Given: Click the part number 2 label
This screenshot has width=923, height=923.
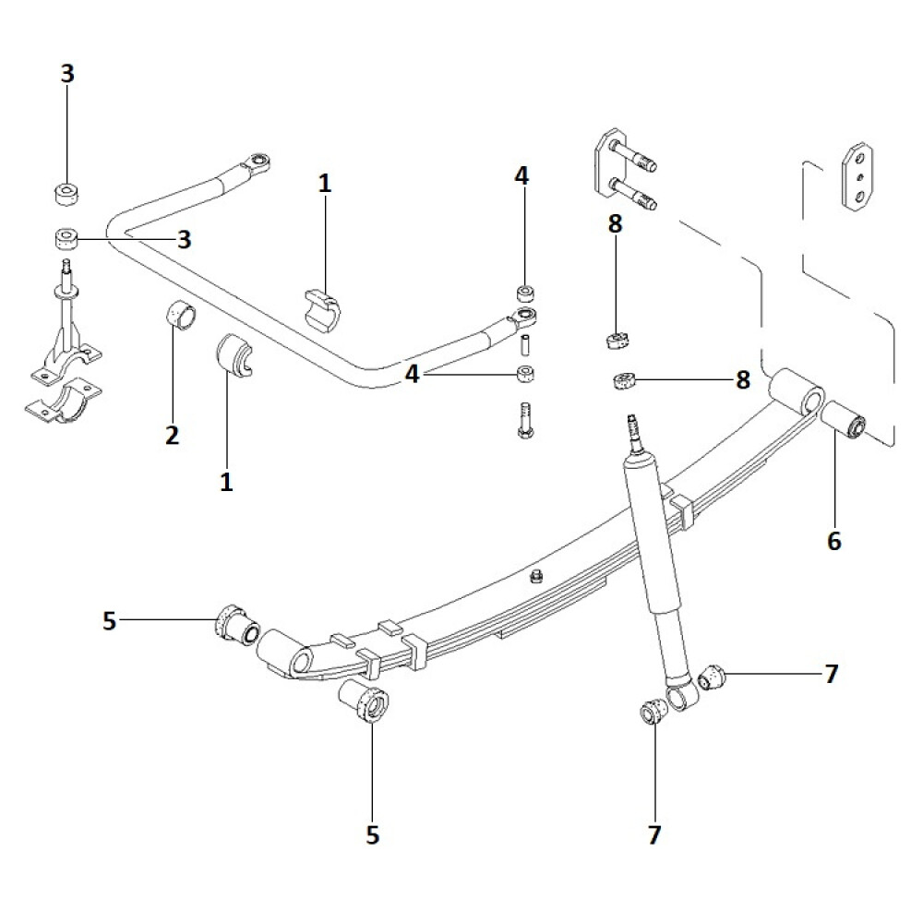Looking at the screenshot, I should pyautogui.click(x=172, y=435).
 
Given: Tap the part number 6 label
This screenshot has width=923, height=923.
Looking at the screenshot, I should pyautogui.click(x=834, y=541).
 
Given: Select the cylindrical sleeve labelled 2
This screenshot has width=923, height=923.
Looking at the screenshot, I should pyautogui.click(x=181, y=318).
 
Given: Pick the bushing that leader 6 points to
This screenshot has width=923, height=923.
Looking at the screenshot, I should pyautogui.click(x=843, y=419).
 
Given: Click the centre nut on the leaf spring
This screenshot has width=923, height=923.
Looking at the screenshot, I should pyautogui.click(x=534, y=578).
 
